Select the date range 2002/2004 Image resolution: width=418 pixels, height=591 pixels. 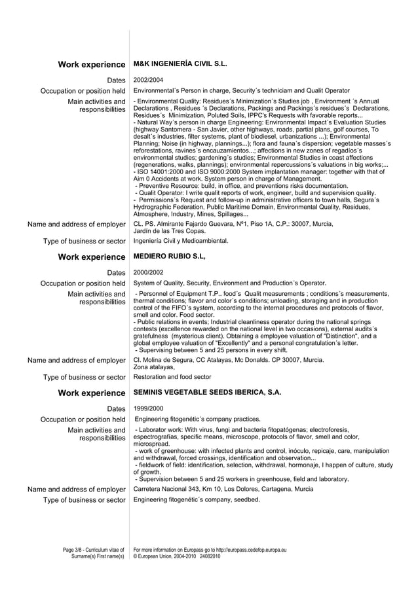pos(147,79)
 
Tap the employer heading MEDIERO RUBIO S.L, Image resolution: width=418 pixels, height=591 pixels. pos(169,257)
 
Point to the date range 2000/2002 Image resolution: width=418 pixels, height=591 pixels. pos(147,272)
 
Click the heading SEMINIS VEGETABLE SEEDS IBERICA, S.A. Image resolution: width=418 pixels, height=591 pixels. pos(207,393)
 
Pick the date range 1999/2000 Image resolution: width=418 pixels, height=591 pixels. pos(147,408)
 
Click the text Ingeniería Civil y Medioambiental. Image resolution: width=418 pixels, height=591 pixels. pos(181,241)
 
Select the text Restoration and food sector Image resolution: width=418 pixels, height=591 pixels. pos(172,377)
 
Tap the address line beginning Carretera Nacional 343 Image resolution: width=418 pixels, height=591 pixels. pos(223,489)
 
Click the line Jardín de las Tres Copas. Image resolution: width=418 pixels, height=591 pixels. pos(169,230)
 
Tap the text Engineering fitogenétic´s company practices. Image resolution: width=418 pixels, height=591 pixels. pos(197,419)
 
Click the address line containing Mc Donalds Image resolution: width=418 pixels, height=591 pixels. pos(228,360)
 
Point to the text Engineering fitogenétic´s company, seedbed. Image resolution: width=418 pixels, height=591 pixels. pos(197,500)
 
